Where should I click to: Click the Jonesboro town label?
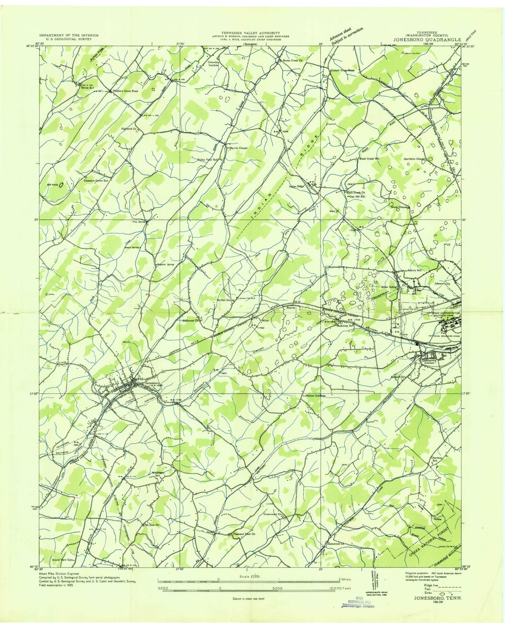pos(152,383)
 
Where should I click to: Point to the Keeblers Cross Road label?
pos(125,91)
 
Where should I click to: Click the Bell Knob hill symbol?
pos(61,185)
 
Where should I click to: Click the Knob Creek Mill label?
pos(369,159)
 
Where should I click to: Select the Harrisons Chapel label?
pos(414,159)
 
